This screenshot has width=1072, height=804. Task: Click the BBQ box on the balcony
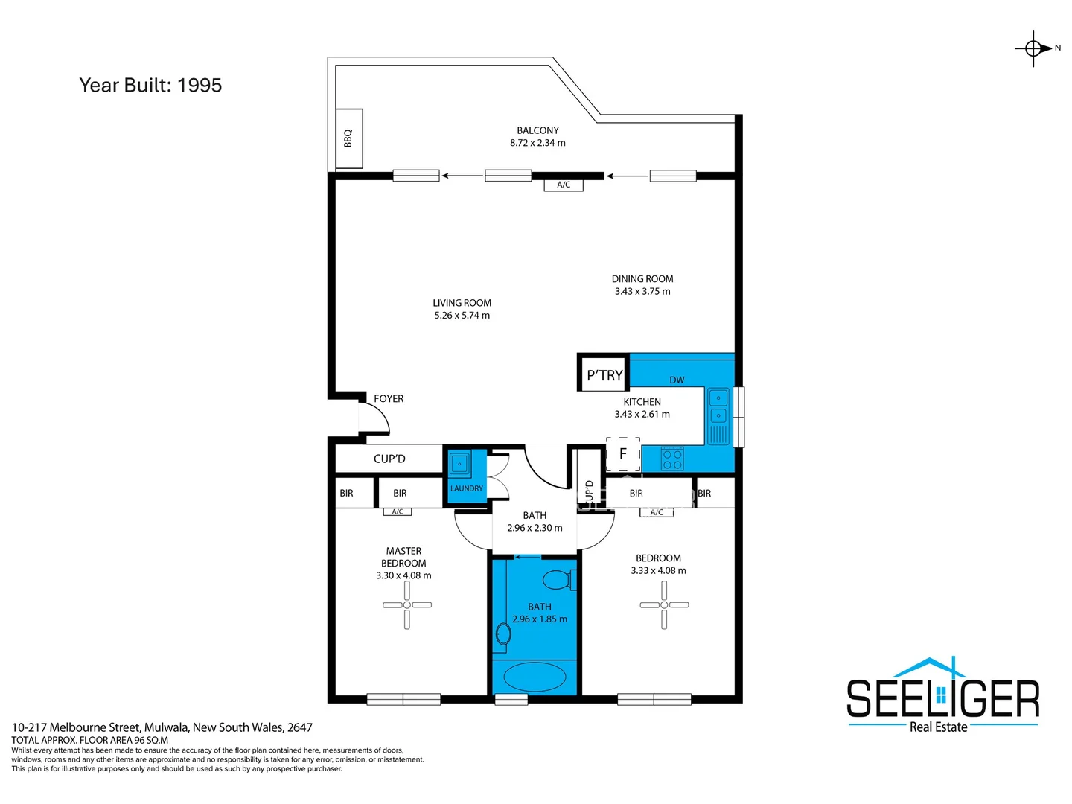point(348,138)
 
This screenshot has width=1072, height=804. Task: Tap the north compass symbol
point(1034,48)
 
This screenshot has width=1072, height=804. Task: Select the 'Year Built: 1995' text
point(150,86)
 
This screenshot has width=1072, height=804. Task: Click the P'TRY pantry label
point(604,375)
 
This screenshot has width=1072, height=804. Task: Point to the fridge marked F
point(622,453)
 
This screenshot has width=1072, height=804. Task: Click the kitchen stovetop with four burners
point(672,459)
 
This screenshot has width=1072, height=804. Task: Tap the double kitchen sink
point(718,406)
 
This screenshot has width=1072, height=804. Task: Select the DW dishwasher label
point(677,380)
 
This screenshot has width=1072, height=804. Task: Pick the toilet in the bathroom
point(558,578)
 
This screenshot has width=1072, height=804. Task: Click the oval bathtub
point(535,677)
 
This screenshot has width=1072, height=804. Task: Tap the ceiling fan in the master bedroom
point(406,605)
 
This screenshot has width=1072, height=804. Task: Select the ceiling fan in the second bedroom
point(663,605)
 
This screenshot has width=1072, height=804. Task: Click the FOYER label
point(389,399)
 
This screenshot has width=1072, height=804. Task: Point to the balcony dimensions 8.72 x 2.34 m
point(537,143)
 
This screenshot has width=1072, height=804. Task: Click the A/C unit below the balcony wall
point(564,185)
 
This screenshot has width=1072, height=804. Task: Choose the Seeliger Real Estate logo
point(942,696)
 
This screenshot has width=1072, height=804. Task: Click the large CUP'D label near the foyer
point(389,459)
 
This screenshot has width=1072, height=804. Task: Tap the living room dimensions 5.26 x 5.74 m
point(462,316)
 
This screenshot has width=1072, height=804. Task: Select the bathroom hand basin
point(503,634)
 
